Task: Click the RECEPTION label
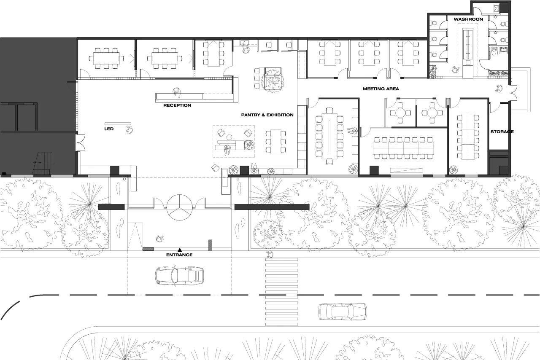tap(177, 105)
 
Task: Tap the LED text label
tap(109, 129)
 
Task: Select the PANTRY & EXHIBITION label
tap(267, 115)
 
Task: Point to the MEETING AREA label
tap(381, 89)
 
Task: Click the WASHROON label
tap(468, 19)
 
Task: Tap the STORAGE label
tap(502, 132)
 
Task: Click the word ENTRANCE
tap(179, 255)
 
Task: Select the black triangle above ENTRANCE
tap(180, 250)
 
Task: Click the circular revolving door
tap(180, 207)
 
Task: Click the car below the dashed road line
tap(343, 312)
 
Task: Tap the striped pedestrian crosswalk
tap(281, 292)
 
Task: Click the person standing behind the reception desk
tap(177, 92)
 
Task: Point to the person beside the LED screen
tap(130, 130)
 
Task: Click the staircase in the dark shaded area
tap(43, 163)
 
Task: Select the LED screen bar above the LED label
tap(118, 124)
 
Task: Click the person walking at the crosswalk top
tap(270, 254)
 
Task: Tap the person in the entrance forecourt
tap(159, 239)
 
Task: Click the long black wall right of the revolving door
tap(272, 207)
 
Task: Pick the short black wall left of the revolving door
tap(111, 207)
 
